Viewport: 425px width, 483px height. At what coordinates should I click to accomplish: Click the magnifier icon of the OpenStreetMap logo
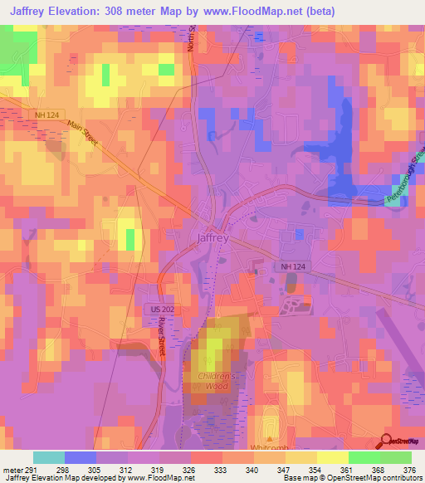click(x=386, y=442)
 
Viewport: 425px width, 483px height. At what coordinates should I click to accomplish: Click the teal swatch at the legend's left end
click(x=49, y=457)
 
